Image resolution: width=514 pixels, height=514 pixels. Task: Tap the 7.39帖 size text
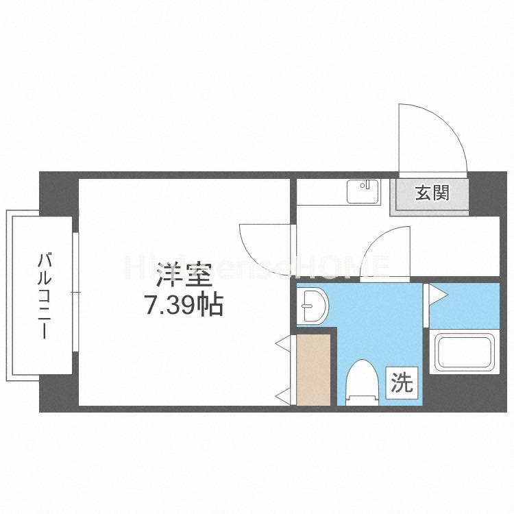tap(183, 304)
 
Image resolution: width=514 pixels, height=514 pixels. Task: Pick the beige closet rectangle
tap(313, 369)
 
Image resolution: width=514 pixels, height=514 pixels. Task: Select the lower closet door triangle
tap(282, 395)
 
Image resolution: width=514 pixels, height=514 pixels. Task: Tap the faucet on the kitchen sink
tap(368, 185)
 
